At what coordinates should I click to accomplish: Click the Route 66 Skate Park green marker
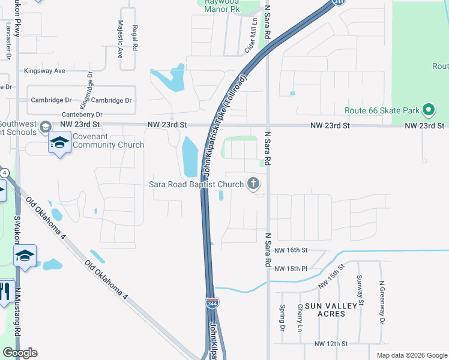click(x=428, y=110)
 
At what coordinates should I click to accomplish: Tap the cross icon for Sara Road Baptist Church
click(x=254, y=184)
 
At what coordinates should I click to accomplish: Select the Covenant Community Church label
click(x=109, y=140)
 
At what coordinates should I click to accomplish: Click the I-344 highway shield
click(x=212, y=303)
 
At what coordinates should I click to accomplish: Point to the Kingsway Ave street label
click(x=44, y=71)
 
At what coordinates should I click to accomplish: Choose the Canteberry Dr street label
click(x=82, y=115)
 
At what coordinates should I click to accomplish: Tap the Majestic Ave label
click(x=120, y=38)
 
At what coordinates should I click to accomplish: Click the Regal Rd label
click(x=136, y=37)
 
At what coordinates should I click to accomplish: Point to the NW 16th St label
click(x=291, y=250)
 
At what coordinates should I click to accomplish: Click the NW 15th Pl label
click(x=291, y=268)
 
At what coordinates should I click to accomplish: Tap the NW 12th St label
click(x=331, y=344)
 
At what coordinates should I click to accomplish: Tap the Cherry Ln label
click(x=300, y=318)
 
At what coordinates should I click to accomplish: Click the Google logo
click(x=19, y=353)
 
